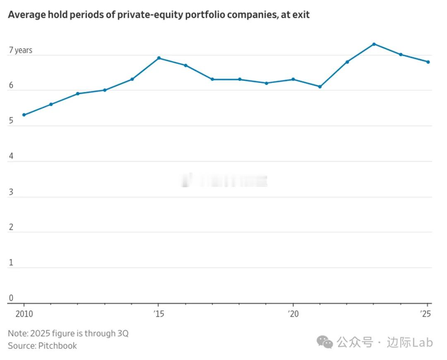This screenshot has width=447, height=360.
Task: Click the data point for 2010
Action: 24,115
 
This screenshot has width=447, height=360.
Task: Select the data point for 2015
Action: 159,58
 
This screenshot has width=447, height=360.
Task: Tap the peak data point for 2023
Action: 374,44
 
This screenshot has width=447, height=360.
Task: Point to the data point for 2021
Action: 320,87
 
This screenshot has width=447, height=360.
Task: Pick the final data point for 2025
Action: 428,62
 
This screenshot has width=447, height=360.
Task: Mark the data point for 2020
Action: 293,79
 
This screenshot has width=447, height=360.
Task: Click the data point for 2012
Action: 78,94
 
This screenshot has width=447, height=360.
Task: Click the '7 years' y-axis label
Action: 20,50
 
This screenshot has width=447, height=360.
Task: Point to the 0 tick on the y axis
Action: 11,298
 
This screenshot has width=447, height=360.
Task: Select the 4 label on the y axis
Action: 11,156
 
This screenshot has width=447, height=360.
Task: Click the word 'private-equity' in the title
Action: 142,15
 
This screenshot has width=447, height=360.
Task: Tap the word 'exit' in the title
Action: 301,15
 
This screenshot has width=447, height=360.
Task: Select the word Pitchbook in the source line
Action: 58,346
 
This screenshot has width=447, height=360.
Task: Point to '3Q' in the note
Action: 123,333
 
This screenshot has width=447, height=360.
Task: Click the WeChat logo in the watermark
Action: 325,342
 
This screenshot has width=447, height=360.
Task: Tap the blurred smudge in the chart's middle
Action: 224,181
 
